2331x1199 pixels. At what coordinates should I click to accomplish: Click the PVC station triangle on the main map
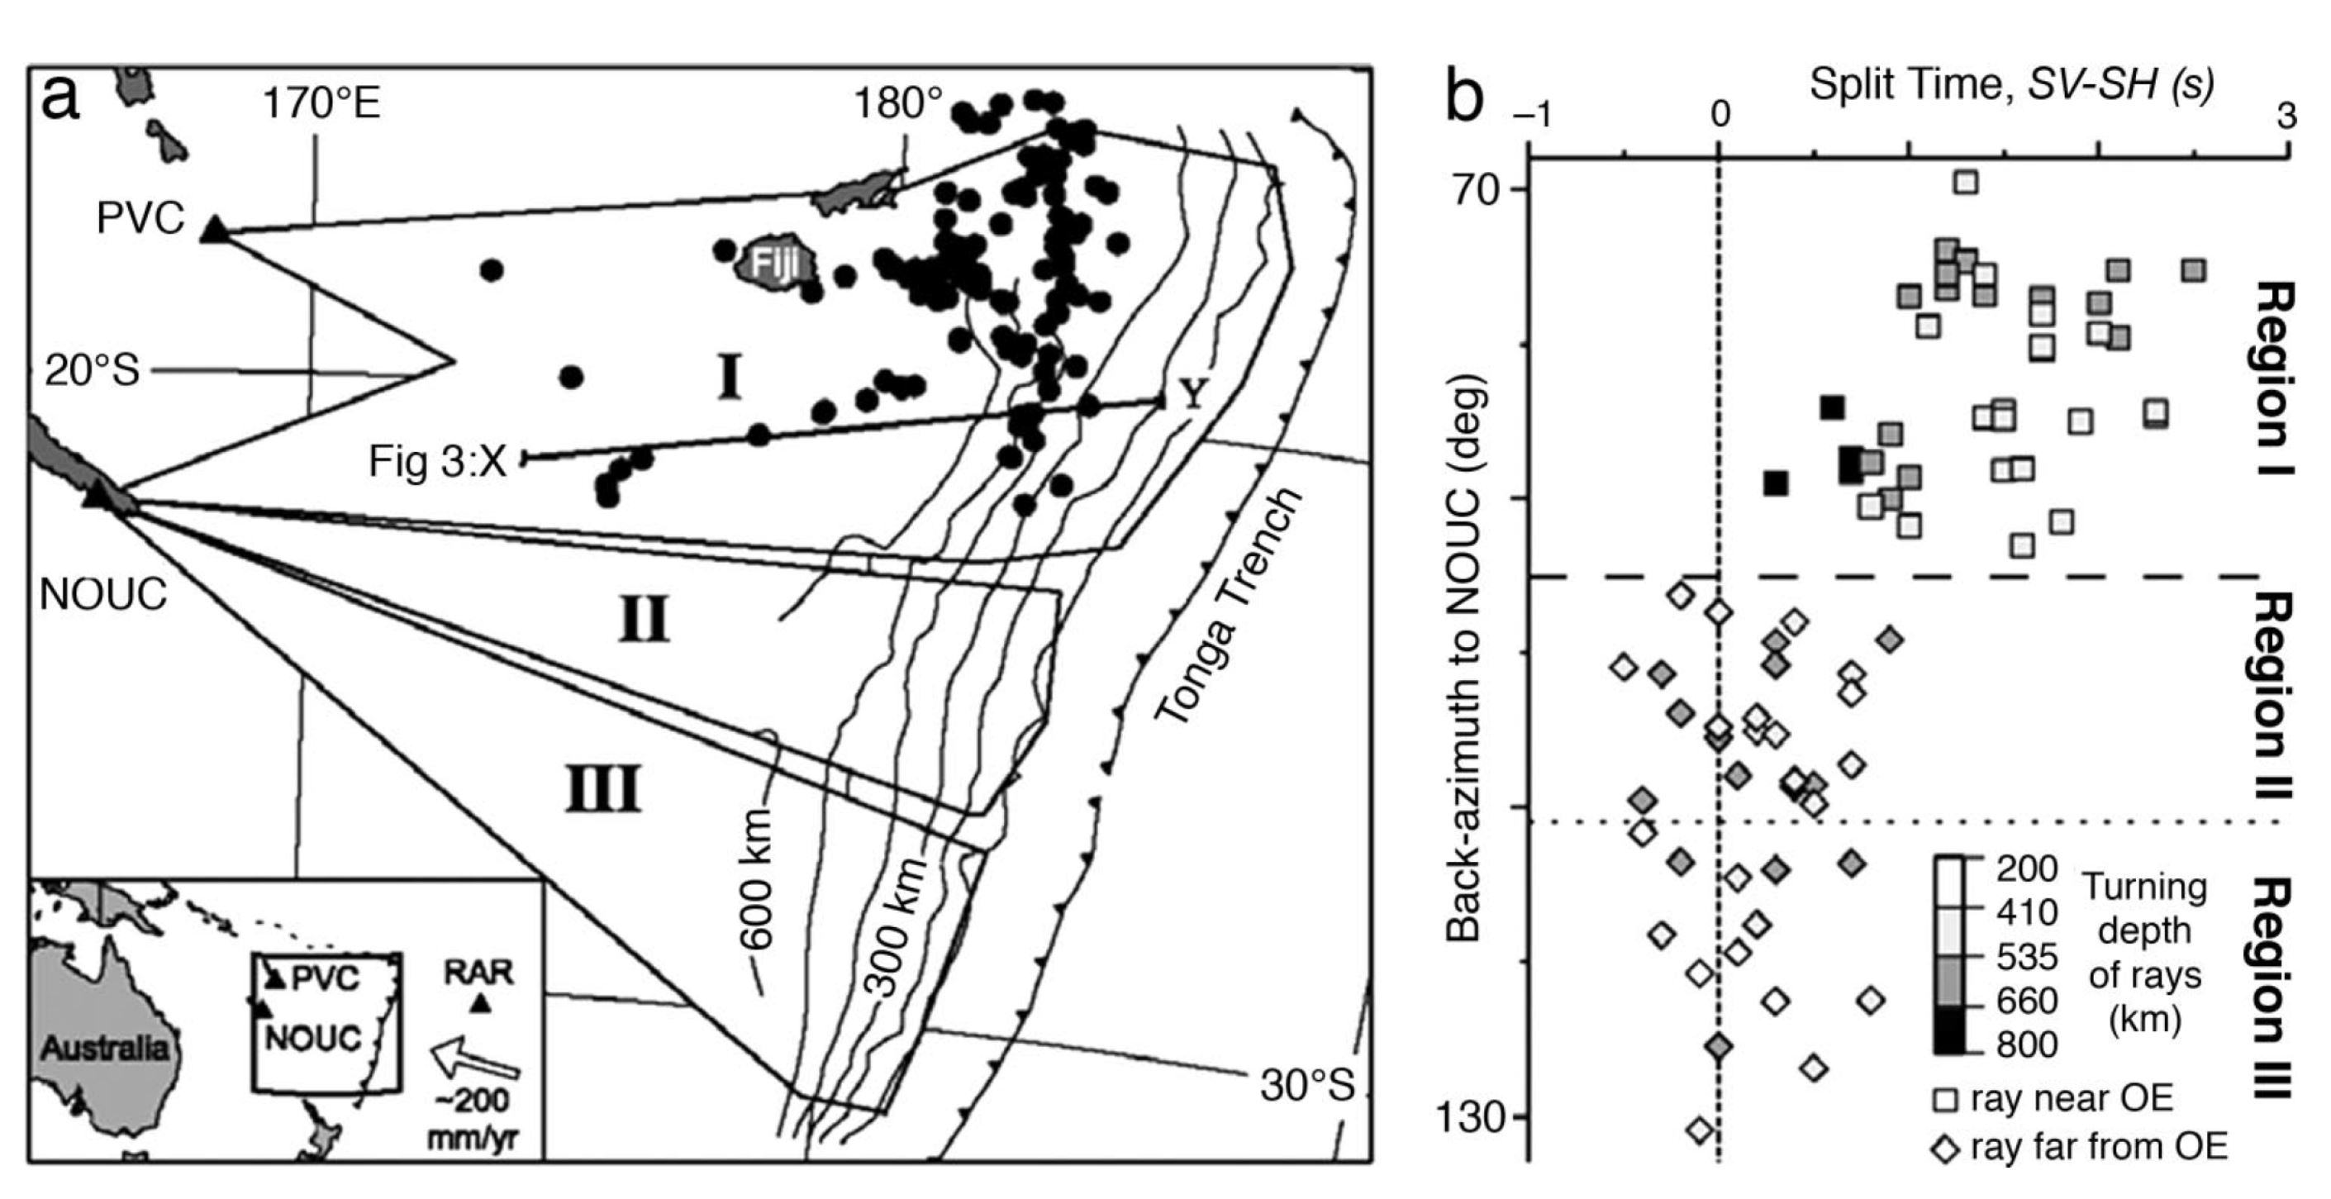tap(215, 229)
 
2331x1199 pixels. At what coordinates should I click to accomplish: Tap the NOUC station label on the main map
tap(103, 594)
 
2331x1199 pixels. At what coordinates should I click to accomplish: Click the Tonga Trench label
tap(1227, 607)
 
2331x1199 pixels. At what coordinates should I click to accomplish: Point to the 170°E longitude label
tap(321, 104)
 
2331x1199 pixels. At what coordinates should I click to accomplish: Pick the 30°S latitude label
tap(1306, 1085)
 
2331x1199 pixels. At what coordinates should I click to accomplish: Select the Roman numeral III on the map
tap(603, 788)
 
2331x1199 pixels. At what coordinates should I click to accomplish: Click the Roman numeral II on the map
tap(644, 620)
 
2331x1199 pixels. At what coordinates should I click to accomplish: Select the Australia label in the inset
tap(104, 1048)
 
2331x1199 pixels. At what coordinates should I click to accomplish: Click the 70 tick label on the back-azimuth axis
tap(1476, 190)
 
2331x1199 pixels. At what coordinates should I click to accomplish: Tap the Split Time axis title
tap(2010, 85)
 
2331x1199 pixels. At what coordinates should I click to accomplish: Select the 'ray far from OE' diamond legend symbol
tap(1944, 1149)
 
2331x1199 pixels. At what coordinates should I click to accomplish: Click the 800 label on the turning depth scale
tap(2027, 1044)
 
